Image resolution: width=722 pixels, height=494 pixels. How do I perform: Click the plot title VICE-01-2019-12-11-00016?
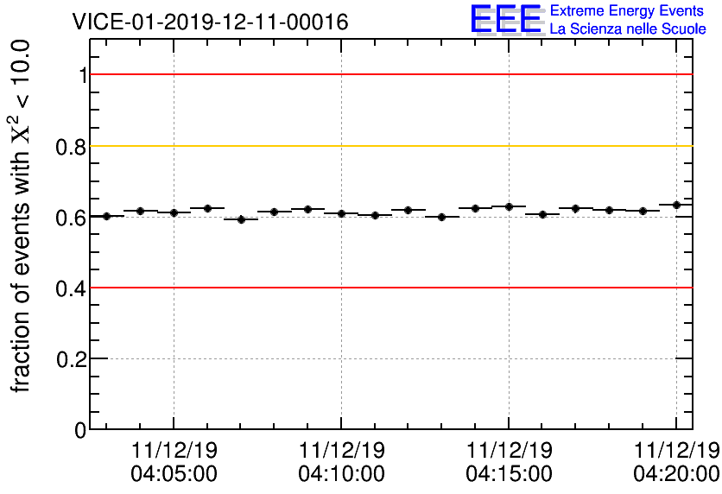point(210,22)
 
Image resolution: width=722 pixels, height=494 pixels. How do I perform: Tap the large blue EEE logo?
point(506,19)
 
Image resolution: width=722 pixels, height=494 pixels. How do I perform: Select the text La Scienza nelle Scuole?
point(628,29)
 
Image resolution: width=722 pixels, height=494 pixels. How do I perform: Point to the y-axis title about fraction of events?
point(22,216)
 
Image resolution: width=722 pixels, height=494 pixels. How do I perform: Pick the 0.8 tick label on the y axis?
point(72,147)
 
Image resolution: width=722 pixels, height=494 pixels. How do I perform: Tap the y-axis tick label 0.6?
point(72,218)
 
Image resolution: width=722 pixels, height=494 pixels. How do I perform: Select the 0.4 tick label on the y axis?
point(72,288)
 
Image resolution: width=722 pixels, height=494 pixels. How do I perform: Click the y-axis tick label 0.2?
point(72,359)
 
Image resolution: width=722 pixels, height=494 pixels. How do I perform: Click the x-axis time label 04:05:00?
point(174,473)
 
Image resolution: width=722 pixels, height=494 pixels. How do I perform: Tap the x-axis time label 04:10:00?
point(341,473)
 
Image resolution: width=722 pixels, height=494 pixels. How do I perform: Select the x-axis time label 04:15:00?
point(509,473)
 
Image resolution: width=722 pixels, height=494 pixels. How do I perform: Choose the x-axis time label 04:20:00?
point(676,473)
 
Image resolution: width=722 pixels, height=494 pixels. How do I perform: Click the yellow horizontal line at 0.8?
point(389,146)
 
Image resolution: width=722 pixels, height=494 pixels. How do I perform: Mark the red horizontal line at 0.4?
point(389,287)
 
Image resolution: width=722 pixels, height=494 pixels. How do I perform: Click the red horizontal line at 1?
point(389,74)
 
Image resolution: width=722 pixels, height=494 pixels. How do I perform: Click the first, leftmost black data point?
point(106,216)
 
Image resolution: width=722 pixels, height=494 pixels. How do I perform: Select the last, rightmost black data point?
point(676,205)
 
